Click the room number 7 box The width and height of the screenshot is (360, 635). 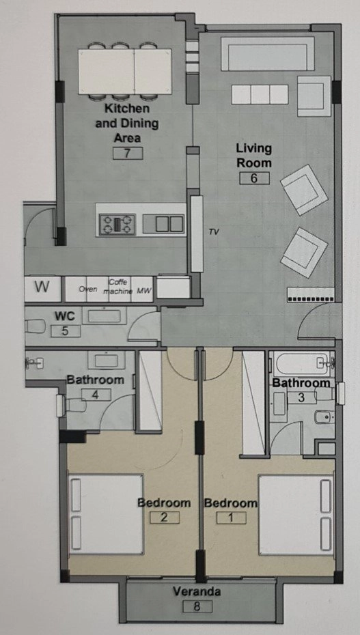click(x=128, y=153)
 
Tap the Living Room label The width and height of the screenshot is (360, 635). click(x=254, y=155)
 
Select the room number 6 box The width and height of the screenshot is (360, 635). click(x=254, y=178)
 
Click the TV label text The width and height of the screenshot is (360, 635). click(x=214, y=232)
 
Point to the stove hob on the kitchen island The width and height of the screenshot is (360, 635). click(x=118, y=223)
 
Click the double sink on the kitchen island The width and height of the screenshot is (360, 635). click(x=169, y=223)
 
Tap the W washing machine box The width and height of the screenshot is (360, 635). click(x=42, y=287)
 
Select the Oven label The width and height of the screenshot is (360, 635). click(x=87, y=289)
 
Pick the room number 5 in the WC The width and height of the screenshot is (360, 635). click(x=65, y=331)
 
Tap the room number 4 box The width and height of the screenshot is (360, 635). click(x=96, y=394)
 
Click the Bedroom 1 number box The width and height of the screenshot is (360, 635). click(x=231, y=518)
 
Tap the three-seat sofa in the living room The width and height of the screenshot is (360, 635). click(x=259, y=94)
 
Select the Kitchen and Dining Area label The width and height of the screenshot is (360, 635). click(x=126, y=124)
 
